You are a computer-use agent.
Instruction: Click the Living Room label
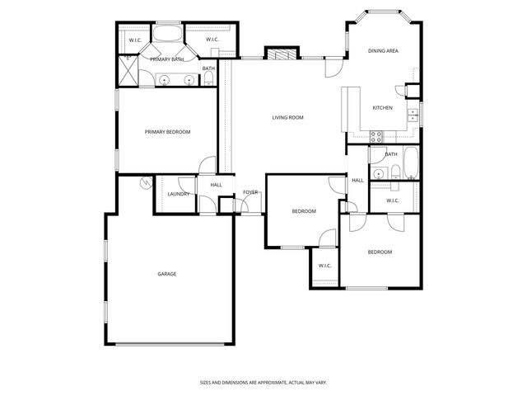[287, 118]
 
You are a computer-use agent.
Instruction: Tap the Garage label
[167, 274]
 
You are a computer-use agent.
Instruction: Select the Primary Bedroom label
[167, 132]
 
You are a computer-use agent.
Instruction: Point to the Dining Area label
[383, 51]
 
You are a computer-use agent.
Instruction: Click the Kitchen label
[382, 108]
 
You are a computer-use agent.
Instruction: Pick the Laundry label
[179, 194]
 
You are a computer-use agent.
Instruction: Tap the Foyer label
[250, 192]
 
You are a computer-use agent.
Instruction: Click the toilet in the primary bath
[209, 79]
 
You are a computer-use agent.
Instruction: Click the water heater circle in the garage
[146, 182]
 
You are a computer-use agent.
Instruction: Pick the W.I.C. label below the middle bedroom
[324, 266]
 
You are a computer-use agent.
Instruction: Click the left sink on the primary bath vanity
[165, 80]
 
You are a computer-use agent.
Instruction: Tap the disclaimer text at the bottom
[263, 382]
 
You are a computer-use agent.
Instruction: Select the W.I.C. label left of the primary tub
[134, 40]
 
